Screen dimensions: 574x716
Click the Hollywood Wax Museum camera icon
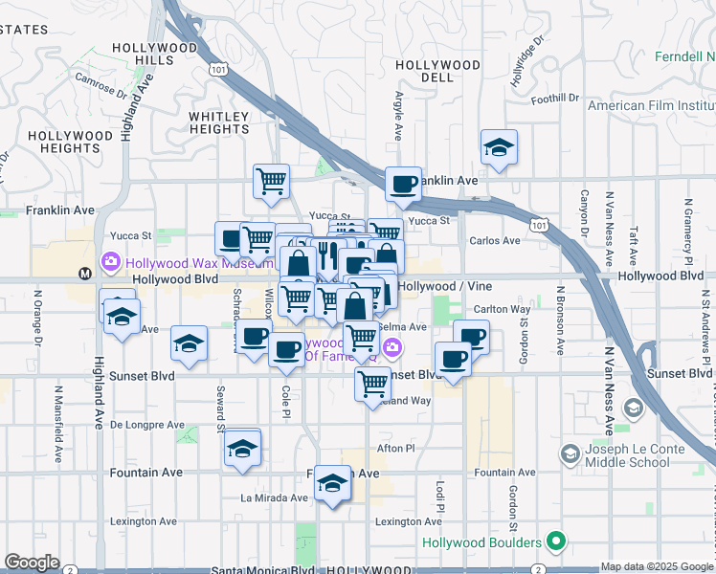pos(112,261)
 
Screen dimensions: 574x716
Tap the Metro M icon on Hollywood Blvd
pos(85,274)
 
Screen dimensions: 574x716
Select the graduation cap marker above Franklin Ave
pos(499,148)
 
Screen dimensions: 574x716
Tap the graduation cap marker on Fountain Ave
pos(332,483)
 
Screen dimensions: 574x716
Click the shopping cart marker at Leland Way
pos(372,384)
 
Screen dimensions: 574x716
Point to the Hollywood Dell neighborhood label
pos(437,71)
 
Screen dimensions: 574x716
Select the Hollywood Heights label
pos(70,142)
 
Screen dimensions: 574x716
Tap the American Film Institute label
pos(651,105)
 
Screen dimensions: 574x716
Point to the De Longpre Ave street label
pos(147,424)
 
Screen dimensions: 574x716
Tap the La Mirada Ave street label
pos(274,497)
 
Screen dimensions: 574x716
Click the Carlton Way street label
pos(503,310)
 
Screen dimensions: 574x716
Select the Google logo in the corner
pos(32,563)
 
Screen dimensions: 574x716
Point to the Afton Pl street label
pos(396,448)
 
